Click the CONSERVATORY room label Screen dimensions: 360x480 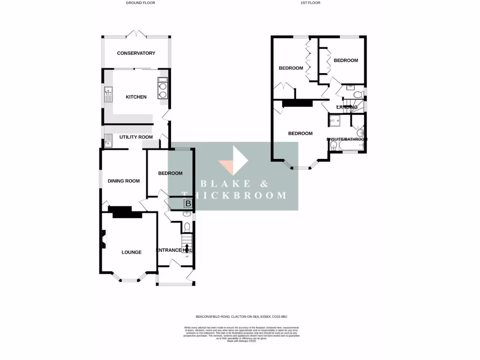pos(136,53)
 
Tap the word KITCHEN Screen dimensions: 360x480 pos(136,97)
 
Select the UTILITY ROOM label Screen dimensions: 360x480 pos(136,137)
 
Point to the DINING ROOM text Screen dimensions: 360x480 pos(124,180)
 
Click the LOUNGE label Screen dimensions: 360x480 pos(131,252)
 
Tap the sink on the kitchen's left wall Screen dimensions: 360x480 pos(108,95)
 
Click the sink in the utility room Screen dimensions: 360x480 pos(108,140)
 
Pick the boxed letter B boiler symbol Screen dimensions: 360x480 pos(187,203)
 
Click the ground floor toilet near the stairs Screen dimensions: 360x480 pos(187,227)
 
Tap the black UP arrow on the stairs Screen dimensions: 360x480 pos(187,248)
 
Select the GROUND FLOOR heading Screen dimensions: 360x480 pos(140,3)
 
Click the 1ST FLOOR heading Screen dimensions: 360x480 pos(310,3)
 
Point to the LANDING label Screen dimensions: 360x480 pos(347,107)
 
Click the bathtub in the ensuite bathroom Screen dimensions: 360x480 pos(351,148)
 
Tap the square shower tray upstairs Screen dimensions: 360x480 pos(336,121)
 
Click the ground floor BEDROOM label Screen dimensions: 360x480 pos(170,173)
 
